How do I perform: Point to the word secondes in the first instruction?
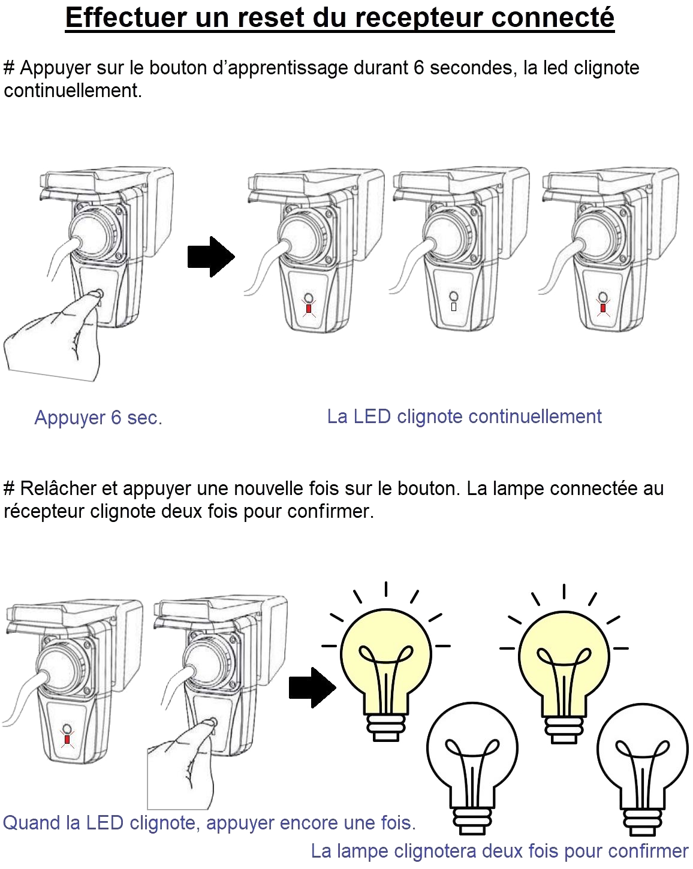coord(471,68)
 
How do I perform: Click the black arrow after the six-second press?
coord(211,257)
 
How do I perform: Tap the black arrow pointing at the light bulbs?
coord(312,687)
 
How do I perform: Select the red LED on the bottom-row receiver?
coord(67,739)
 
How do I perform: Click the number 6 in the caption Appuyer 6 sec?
coord(116,418)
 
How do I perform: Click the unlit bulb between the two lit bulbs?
coord(472,767)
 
